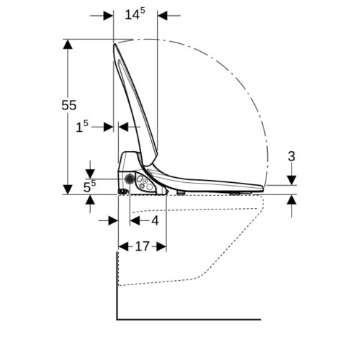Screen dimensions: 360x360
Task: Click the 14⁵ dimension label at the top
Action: point(135,14)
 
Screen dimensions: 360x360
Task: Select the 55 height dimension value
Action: point(69,105)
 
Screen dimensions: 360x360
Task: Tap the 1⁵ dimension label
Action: point(82,127)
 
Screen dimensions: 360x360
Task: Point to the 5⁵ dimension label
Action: point(89,186)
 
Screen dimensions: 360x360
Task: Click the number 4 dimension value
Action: point(155,220)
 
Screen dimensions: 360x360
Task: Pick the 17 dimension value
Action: point(143,246)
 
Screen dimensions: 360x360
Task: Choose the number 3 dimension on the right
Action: point(292,156)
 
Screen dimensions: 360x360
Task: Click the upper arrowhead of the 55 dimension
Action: point(68,44)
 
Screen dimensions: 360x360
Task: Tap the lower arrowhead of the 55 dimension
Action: point(68,189)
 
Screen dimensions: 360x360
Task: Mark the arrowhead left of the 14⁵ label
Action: point(108,16)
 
